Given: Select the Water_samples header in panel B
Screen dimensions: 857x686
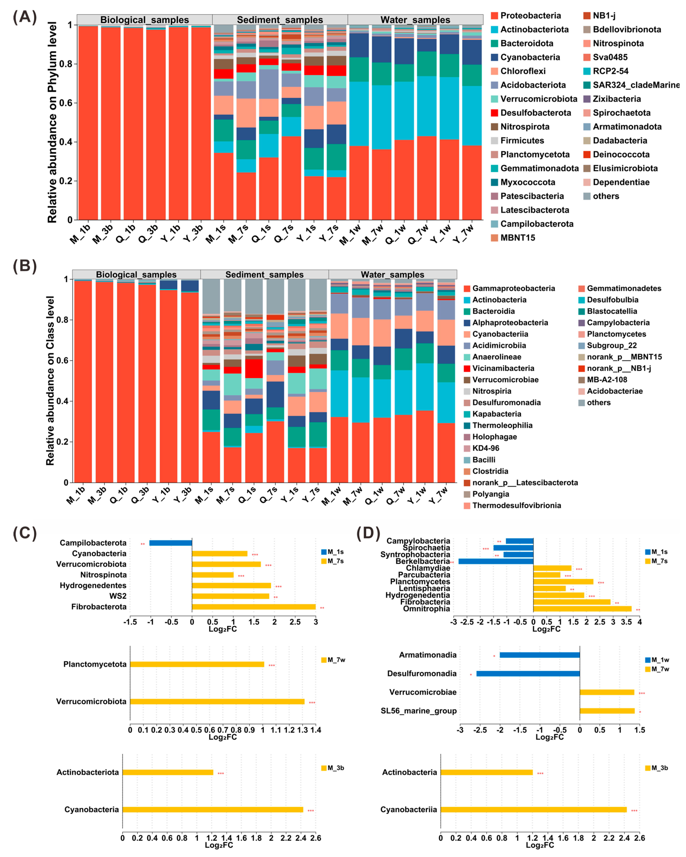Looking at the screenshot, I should click(392, 275).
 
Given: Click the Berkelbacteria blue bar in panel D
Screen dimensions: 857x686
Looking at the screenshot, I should click(496, 561).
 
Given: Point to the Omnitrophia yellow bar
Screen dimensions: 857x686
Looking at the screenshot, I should click(582, 609).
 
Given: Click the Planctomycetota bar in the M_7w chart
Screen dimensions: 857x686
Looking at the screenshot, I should click(197, 664).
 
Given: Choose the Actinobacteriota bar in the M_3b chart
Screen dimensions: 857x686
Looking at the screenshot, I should click(168, 772).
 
